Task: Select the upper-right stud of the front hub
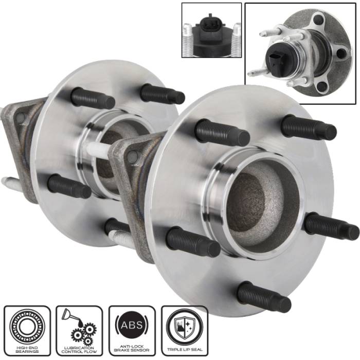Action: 309,128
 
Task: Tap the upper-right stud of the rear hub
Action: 162,94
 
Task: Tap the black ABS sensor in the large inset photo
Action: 277,59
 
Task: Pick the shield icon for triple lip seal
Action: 184,325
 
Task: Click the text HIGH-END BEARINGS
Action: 27,349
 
